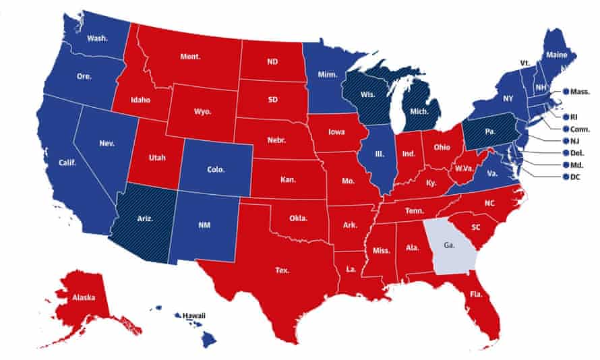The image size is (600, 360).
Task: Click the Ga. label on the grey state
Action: pos(448,246)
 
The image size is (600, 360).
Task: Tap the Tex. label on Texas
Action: pos(282,270)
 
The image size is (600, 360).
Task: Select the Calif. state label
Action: pos(67,162)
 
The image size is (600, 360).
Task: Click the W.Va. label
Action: pos(463,167)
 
